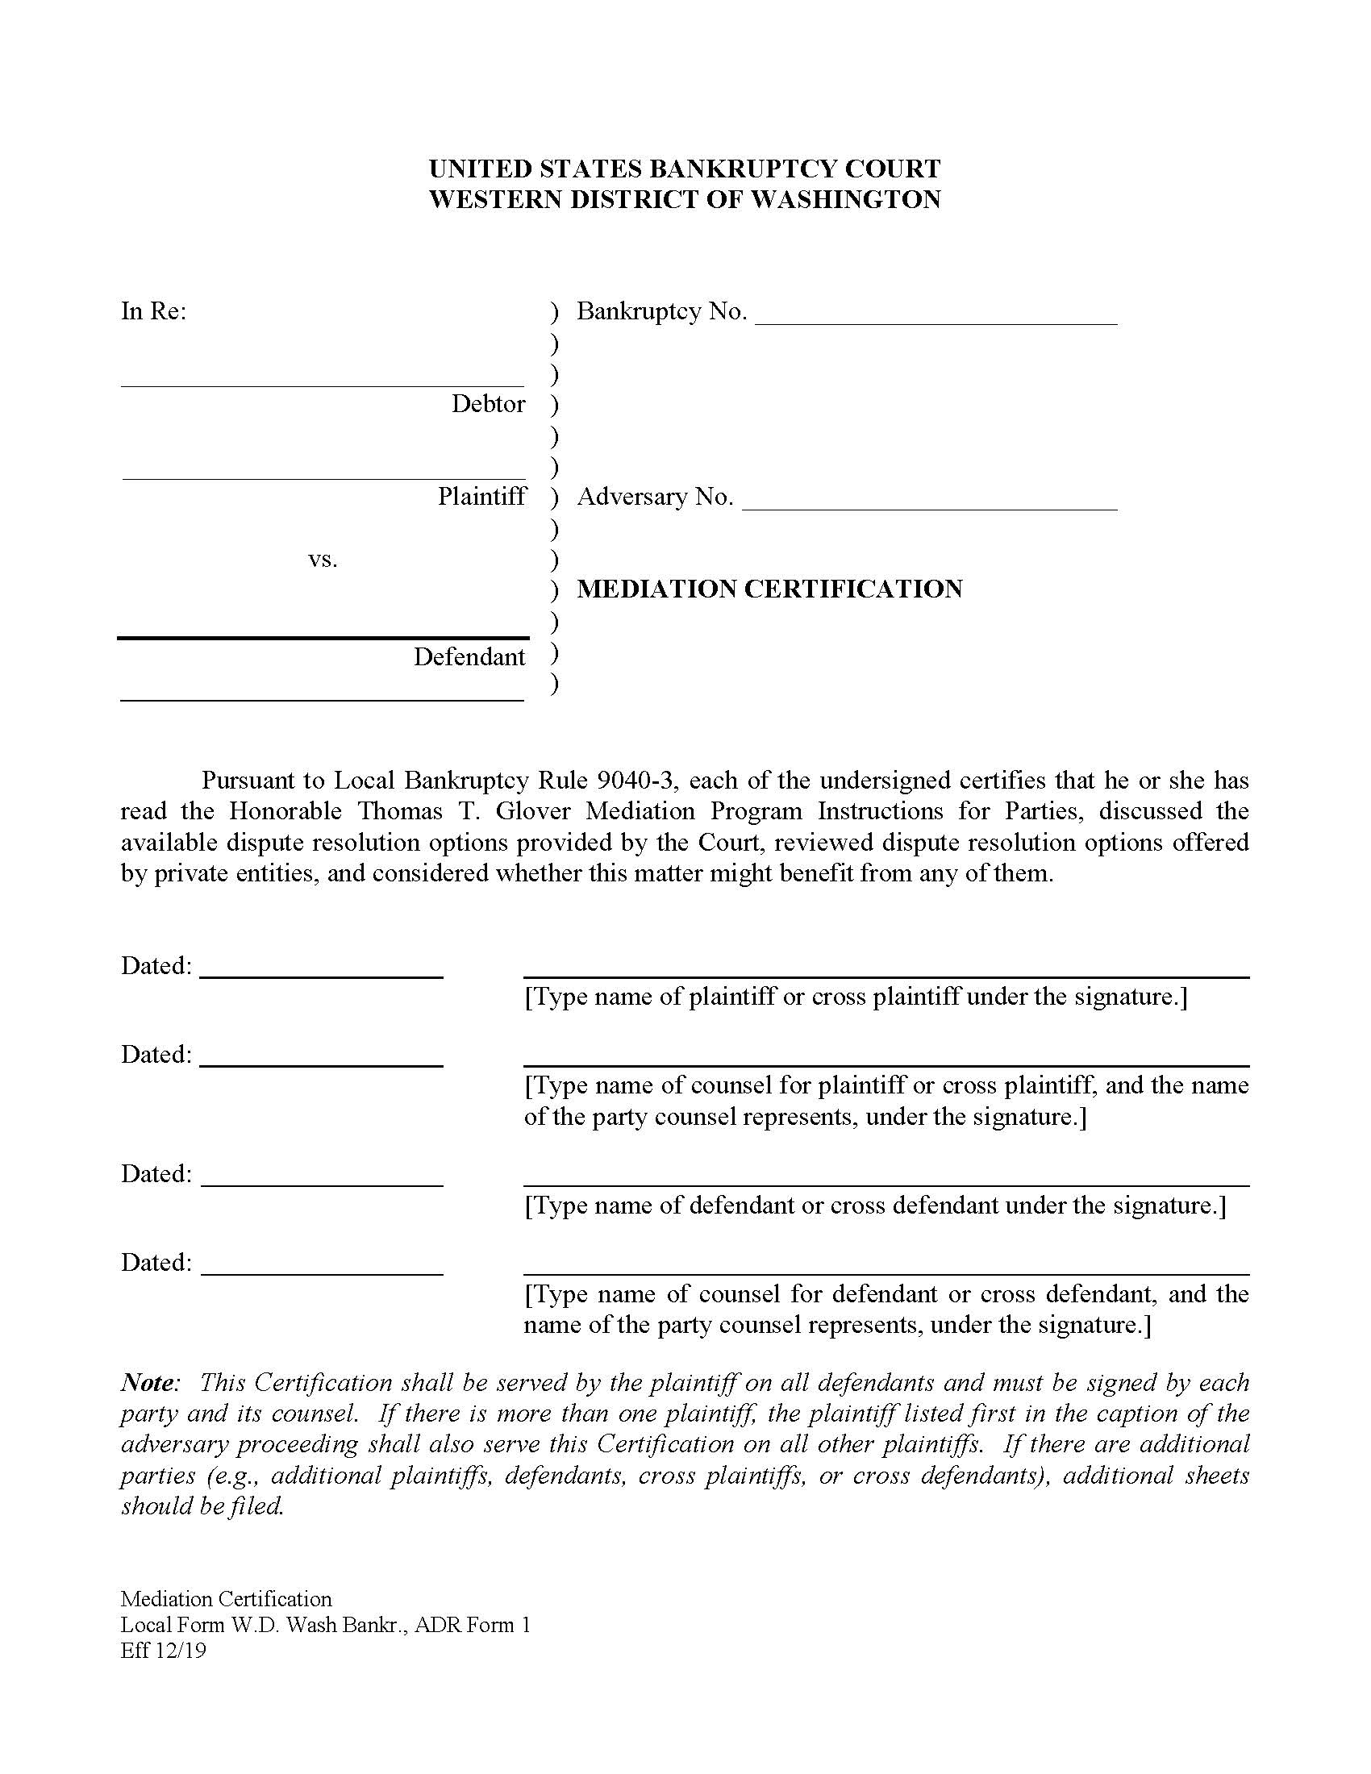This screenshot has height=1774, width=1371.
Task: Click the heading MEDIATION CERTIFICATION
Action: click(769, 589)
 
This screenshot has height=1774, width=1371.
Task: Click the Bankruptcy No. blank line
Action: click(936, 323)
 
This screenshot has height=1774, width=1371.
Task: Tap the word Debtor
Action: click(488, 404)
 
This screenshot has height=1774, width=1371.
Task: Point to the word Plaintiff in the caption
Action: click(481, 496)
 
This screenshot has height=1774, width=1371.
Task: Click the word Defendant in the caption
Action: click(469, 656)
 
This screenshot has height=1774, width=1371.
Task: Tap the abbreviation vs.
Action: click(323, 560)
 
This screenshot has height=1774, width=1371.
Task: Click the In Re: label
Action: click(153, 311)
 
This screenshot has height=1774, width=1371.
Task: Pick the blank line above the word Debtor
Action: click(323, 385)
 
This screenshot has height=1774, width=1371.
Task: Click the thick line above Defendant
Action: click(323, 639)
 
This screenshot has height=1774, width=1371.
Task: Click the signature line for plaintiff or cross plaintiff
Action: click(886, 977)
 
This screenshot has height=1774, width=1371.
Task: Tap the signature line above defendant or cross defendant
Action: click(886, 1186)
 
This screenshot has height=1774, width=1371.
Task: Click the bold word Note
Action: click(148, 1382)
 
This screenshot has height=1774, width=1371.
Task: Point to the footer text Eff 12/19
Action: click(162, 1651)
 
